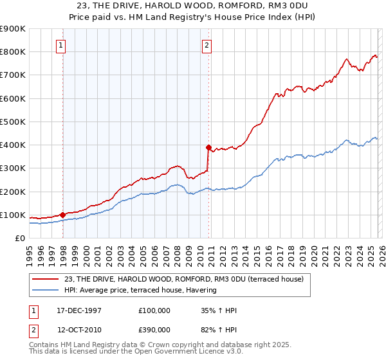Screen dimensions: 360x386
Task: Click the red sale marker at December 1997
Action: click(x=62, y=215)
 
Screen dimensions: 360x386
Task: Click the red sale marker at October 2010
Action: click(x=208, y=147)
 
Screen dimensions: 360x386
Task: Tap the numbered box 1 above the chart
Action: click(x=60, y=45)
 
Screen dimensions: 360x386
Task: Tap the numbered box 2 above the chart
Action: click(x=207, y=45)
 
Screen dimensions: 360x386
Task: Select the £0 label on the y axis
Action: click(x=21, y=239)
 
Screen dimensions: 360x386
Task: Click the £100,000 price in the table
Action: click(x=154, y=310)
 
